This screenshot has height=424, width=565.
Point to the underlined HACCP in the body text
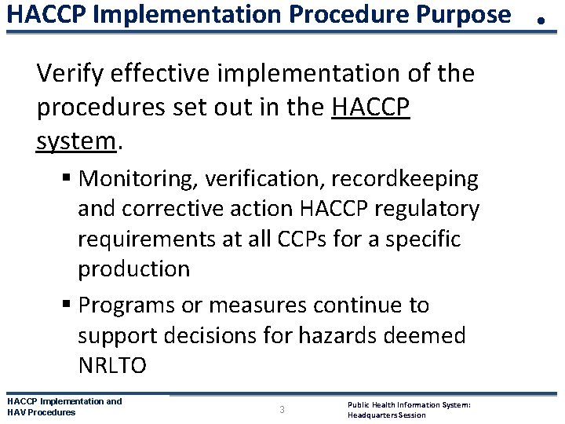(371, 108)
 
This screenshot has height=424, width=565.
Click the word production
(133, 269)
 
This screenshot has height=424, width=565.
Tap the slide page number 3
(282, 409)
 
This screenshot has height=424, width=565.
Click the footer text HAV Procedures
(41, 412)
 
